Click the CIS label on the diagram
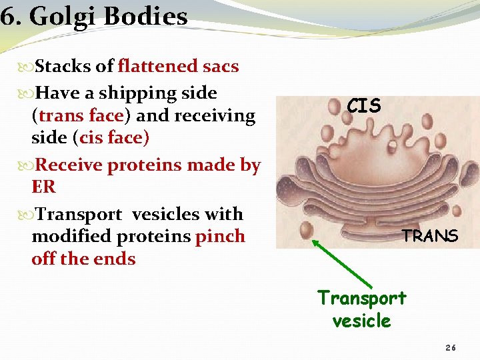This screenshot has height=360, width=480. [x=363, y=106]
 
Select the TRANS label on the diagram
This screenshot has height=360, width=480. [x=429, y=236]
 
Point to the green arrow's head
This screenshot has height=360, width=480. [x=315, y=243]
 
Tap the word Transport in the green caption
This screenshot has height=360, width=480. [x=361, y=297]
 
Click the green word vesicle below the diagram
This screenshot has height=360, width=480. [x=361, y=321]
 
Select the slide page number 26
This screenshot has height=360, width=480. [x=451, y=348]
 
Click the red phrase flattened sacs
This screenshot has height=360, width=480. [x=178, y=67]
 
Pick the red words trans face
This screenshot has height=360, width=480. [x=79, y=115]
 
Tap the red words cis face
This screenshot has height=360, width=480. [x=112, y=138]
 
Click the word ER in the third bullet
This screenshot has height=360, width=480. [x=43, y=187]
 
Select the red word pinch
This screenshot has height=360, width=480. [x=219, y=237]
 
